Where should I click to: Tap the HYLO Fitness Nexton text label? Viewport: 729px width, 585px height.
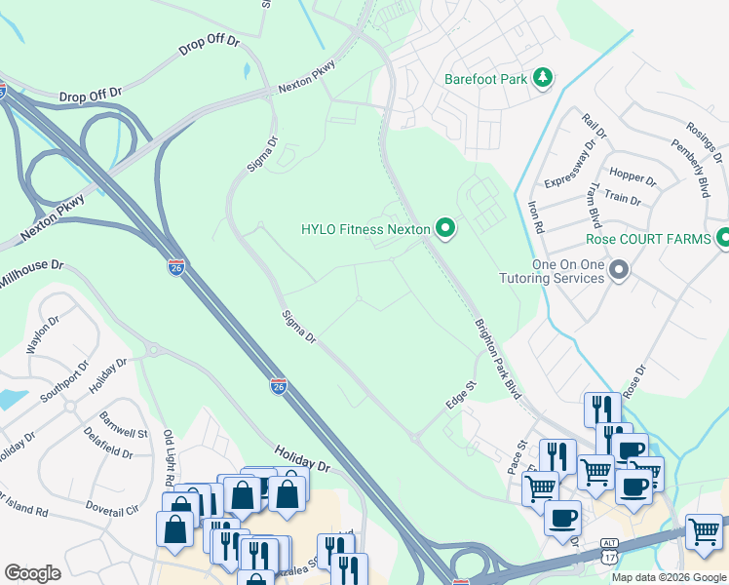tap(365, 230)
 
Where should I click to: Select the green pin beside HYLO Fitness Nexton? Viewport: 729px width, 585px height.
tap(446, 229)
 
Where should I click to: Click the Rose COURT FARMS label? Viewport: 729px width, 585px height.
tap(647, 238)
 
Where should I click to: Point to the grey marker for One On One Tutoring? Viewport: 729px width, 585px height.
tap(618, 269)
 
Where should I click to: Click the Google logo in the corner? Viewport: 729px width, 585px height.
tap(32, 573)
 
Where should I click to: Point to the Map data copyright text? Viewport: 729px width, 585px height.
tap(669, 577)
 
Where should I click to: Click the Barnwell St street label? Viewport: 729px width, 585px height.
tap(122, 427)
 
